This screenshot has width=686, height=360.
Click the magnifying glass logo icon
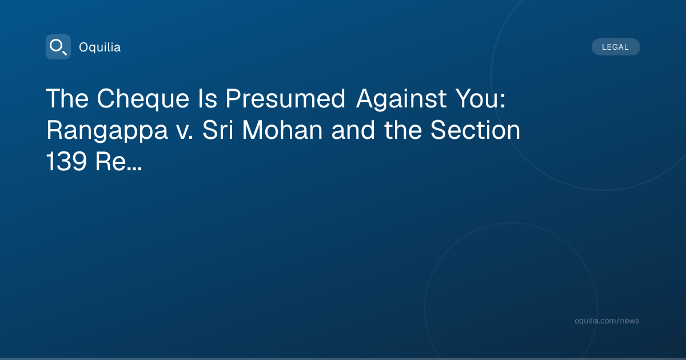(58, 47)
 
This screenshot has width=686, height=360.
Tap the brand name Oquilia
(100, 47)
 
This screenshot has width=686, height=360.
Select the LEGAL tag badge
(616, 47)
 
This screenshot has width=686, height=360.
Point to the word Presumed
(285, 98)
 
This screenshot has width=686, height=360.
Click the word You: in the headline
(481, 98)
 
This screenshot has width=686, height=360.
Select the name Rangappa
(107, 131)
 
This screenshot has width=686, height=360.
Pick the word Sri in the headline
(218, 130)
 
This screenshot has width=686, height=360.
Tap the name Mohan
(282, 130)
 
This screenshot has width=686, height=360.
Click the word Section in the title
(475, 130)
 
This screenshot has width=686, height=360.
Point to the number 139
(66, 161)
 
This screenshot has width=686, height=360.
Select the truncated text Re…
(118, 161)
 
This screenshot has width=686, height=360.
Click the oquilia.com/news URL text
(607, 321)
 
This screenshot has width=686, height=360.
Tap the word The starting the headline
(67, 98)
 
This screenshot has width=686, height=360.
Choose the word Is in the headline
(208, 98)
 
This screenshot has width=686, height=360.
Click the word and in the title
(353, 130)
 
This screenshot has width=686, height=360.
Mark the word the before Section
(402, 130)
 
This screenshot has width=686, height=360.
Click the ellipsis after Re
(134, 169)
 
